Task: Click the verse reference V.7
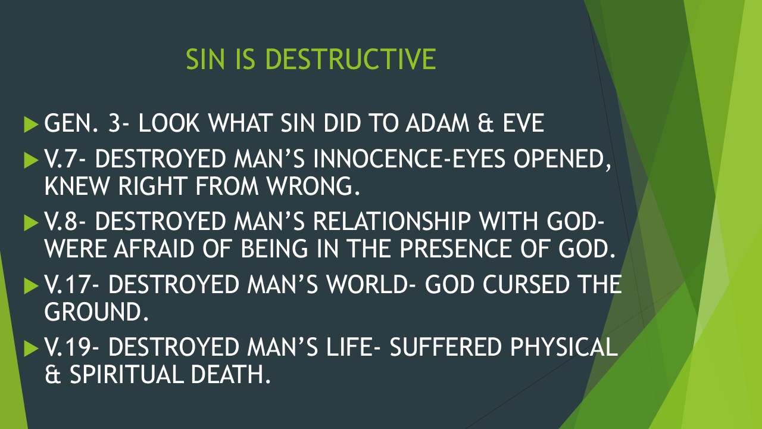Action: click(66, 160)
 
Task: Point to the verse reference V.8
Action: click(66, 223)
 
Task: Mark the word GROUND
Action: click(95, 311)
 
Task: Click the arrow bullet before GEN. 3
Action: click(30, 124)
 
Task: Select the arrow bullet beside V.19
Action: click(30, 348)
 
